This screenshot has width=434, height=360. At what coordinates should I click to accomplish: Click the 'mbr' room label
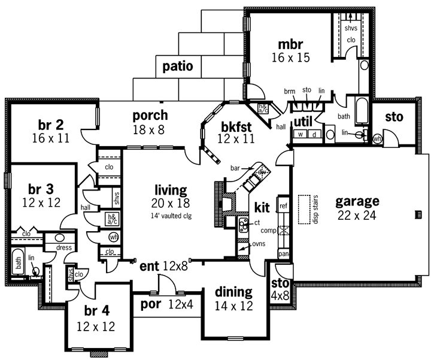click(290, 44)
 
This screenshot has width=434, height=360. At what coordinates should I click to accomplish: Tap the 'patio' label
click(178, 66)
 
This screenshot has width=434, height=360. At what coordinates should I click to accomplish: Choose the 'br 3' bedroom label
click(36, 188)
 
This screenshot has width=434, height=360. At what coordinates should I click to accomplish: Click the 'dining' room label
click(233, 292)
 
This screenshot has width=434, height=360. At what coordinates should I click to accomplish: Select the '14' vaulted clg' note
click(169, 215)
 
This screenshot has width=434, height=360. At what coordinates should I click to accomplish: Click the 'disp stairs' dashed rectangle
click(305, 210)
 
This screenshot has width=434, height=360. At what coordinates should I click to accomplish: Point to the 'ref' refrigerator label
click(283, 205)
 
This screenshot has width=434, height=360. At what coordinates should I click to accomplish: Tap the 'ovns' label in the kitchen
click(259, 244)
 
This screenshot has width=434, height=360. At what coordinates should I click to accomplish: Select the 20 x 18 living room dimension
click(170, 204)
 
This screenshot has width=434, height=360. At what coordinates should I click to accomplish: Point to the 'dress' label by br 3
click(64, 247)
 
